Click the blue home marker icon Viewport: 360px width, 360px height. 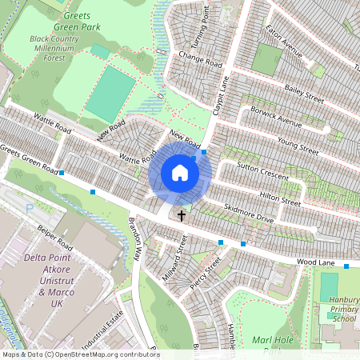(180, 173)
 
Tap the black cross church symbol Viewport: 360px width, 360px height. (182, 215)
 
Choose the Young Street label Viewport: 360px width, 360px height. (298, 146)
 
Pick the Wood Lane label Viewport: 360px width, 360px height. (314, 262)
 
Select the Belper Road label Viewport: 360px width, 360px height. (56, 240)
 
